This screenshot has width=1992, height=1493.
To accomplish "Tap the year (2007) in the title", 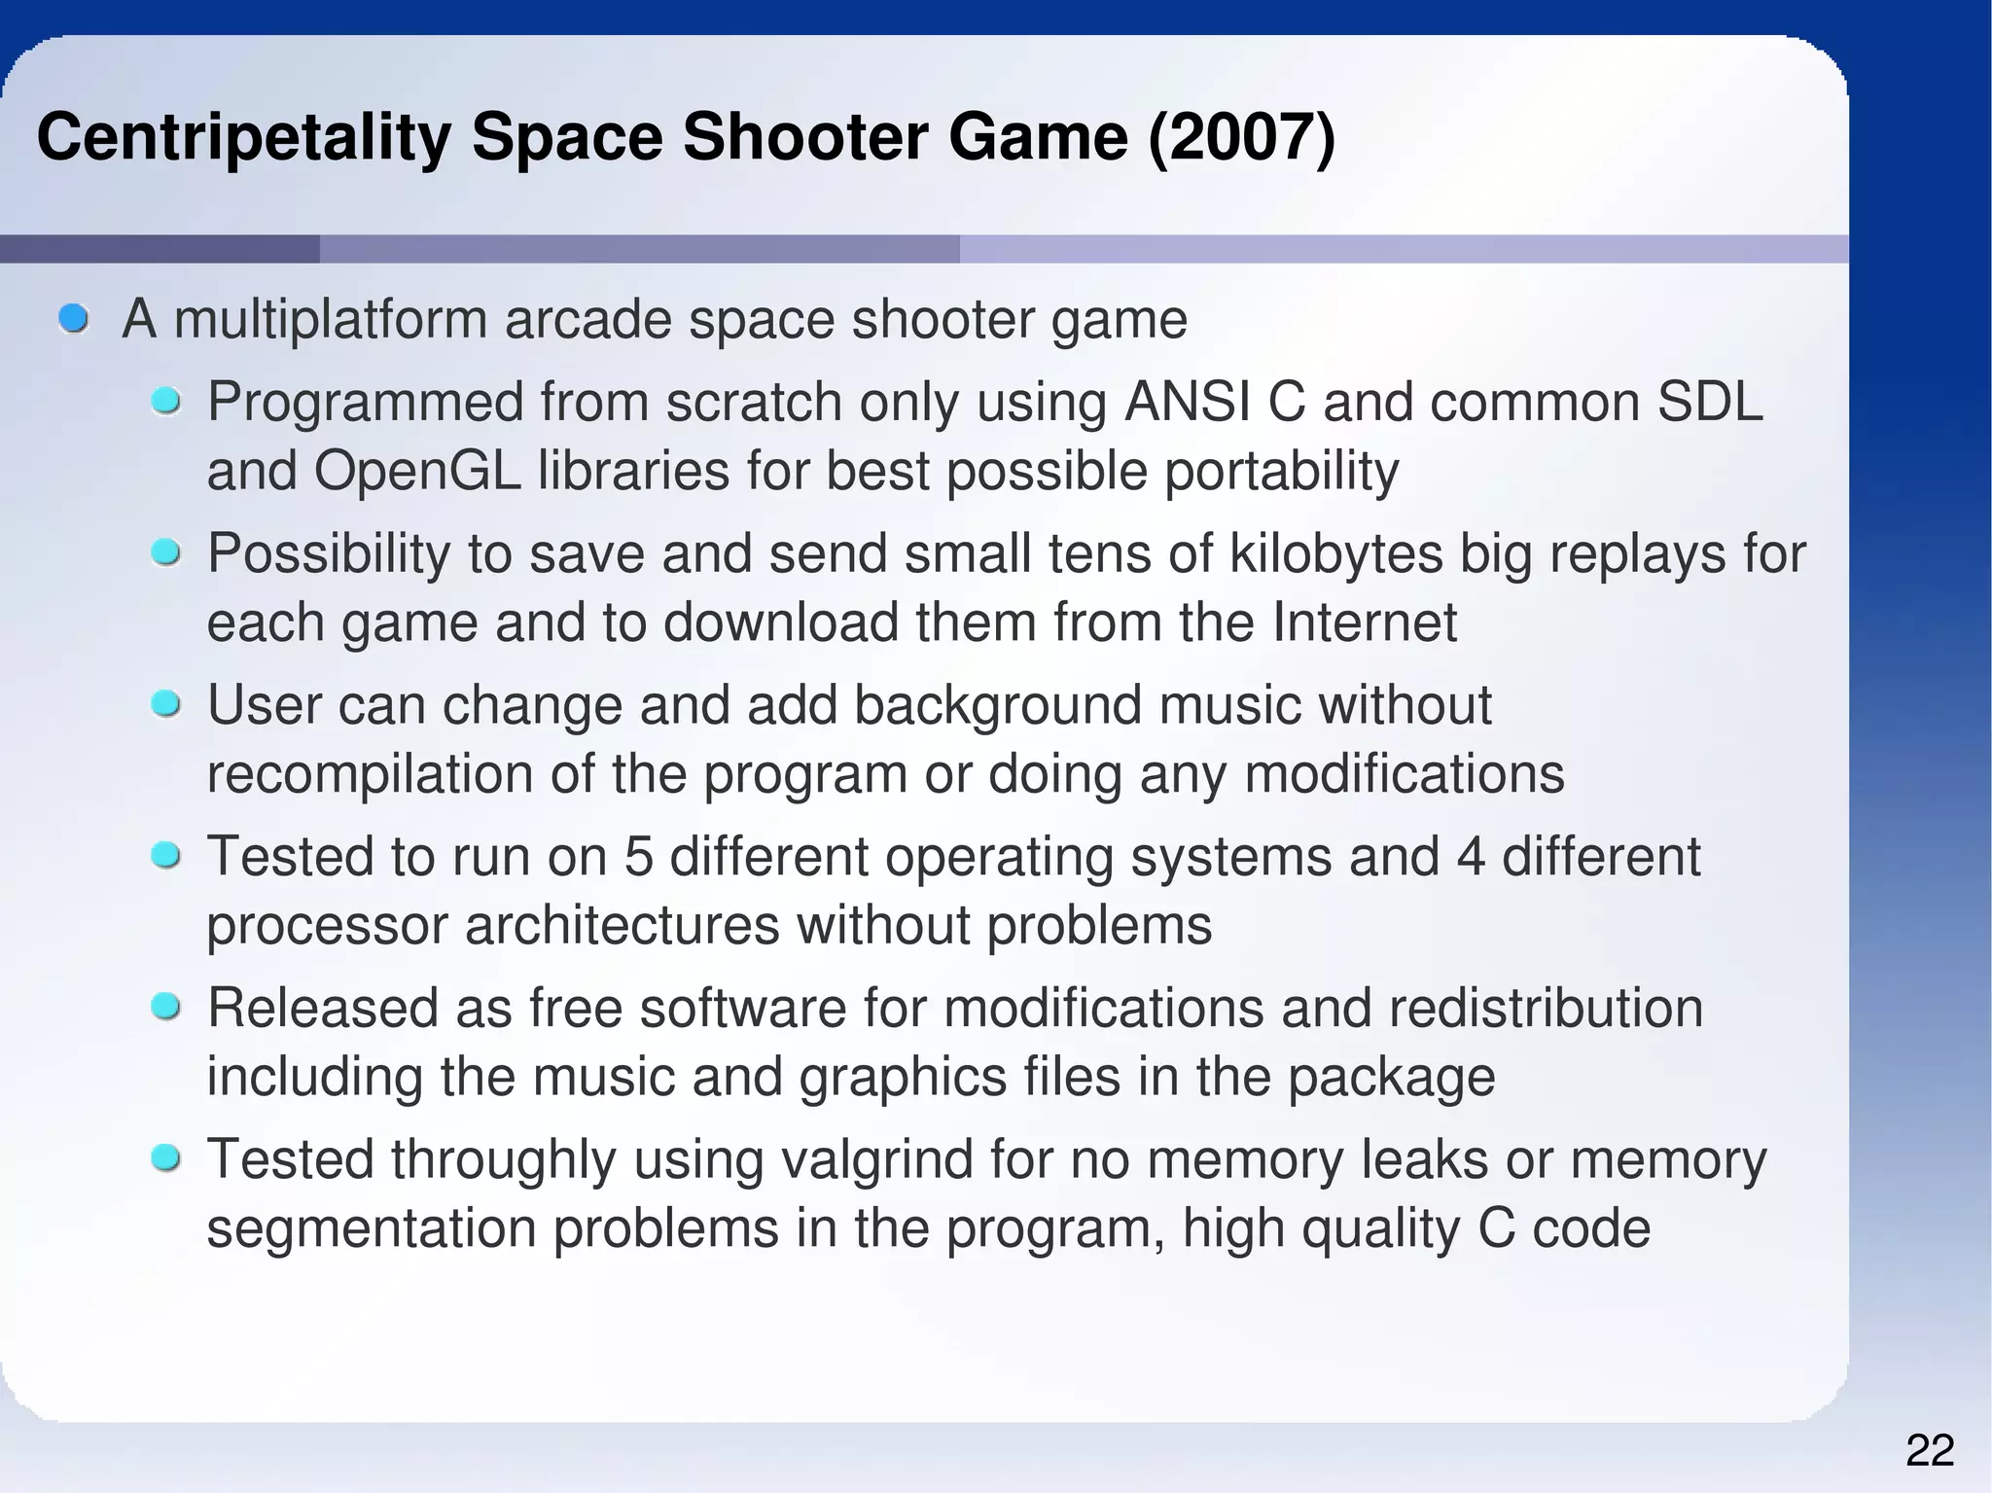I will point(1242,138).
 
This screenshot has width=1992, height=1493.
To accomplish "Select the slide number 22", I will point(1930,1451).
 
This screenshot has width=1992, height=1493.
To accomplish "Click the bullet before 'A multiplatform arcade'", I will point(73,318).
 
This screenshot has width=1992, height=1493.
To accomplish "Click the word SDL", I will point(1709,402).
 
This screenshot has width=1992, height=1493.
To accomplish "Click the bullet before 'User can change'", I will point(166,703).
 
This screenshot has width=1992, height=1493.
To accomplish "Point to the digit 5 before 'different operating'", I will point(638,856).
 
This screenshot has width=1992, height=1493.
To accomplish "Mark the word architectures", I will point(622,925).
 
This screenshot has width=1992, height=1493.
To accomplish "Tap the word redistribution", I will point(1546,1008).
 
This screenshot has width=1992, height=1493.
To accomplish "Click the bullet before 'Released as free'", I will point(166,1007).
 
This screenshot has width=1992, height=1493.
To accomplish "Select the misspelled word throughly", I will point(504,1159).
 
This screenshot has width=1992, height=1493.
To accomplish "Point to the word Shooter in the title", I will point(806,138).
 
